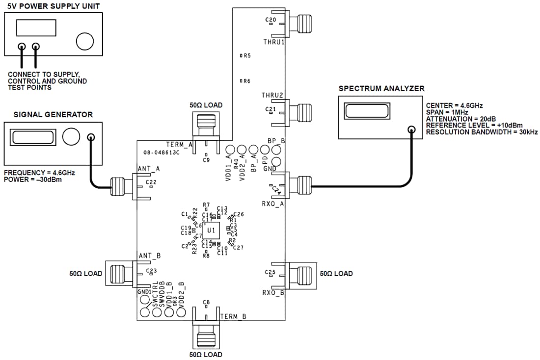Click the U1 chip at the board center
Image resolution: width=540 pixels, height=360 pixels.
coord(211,230)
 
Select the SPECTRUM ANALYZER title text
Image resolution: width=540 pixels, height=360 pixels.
coord(381,89)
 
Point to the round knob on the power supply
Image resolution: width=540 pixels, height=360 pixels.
coord(84,40)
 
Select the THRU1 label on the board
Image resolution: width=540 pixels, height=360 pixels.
coord(274,43)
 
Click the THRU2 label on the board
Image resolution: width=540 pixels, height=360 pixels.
coord(273,95)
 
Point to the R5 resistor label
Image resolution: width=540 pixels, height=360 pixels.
coord(246,56)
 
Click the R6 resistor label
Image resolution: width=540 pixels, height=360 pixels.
coord(246,81)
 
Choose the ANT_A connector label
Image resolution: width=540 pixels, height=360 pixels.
coord(149,169)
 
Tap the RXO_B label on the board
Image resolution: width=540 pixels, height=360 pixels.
coord(273,293)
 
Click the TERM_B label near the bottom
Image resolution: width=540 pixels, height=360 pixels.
coord(233,316)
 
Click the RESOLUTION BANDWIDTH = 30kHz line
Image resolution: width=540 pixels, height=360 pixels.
coord(482,132)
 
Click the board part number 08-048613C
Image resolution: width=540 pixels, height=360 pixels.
coord(162,153)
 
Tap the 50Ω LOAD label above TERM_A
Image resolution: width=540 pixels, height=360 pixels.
coord(206,105)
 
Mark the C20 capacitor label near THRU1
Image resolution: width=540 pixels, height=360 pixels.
coord(270,20)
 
